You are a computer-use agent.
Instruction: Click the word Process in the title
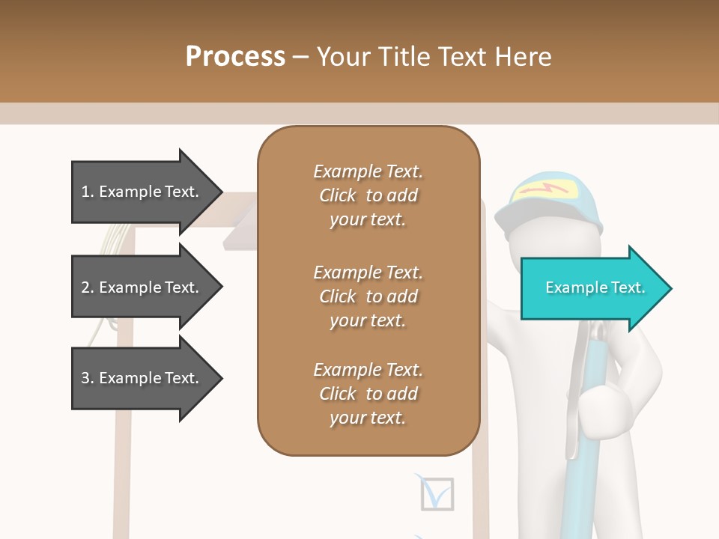[x=235, y=57]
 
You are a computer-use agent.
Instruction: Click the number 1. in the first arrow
[x=88, y=192]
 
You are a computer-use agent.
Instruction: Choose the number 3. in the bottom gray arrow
[x=88, y=378]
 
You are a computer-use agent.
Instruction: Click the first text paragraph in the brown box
[x=368, y=195]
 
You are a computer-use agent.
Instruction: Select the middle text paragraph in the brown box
[x=368, y=296]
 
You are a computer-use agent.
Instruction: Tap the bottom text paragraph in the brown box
[x=368, y=394]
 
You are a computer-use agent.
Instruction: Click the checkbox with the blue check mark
[x=437, y=493]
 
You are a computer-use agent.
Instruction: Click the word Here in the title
[x=524, y=57]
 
